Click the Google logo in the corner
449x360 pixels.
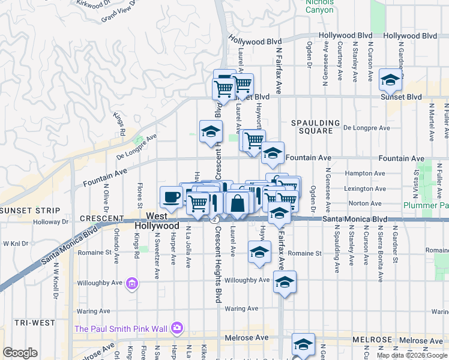[20, 353]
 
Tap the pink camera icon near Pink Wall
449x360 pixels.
[176, 328]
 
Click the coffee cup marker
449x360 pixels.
[171, 197]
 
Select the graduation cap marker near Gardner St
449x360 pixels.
[390, 79]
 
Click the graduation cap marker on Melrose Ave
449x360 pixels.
[304, 344]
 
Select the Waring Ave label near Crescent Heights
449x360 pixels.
[241, 308]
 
